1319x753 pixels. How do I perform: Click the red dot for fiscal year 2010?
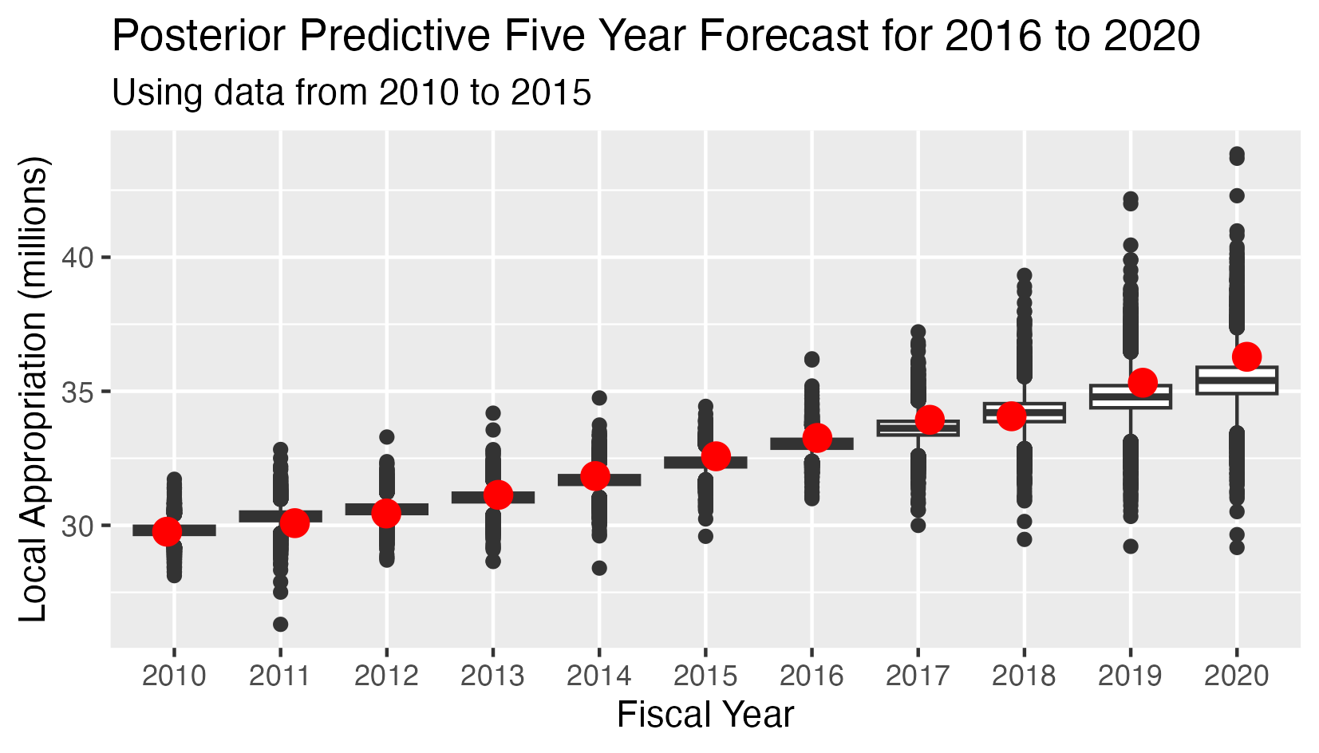(x=167, y=530)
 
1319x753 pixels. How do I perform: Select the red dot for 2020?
(x=1246, y=357)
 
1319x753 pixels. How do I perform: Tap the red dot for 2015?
(x=716, y=455)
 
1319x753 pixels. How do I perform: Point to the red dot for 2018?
(x=1011, y=416)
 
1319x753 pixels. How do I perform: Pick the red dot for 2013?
(x=498, y=495)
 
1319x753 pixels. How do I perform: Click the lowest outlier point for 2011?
(x=280, y=624)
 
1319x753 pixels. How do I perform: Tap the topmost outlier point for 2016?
(x=812, y=359)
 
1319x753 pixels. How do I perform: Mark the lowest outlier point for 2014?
(x=599, y=568)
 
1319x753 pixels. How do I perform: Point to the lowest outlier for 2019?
(x=1130, y=546)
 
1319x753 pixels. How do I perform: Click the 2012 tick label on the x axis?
(x=386, y=676)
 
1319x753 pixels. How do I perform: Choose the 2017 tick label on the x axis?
(x=918, y=676)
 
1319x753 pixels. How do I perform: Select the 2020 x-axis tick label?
(x=1236, y=676)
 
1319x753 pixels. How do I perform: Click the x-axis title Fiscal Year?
(x=705, y=715)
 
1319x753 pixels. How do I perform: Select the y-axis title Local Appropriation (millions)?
(x=34, y=388)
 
